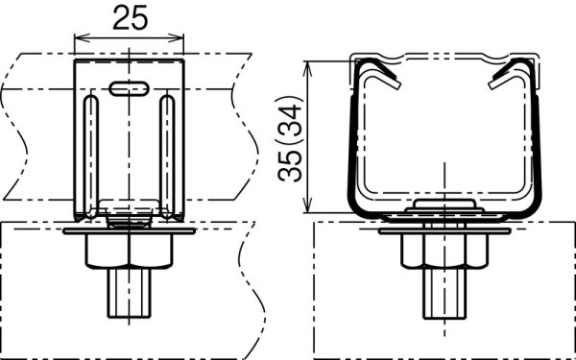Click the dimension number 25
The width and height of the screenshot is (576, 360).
click(x=129, y=16)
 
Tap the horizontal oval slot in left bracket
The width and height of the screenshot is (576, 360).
click(x=129, y=88)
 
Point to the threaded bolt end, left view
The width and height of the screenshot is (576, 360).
click(x=129, y=294)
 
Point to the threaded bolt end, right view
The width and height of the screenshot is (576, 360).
click(x=444, y=294)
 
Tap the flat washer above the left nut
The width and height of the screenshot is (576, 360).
click(x=129, y=231)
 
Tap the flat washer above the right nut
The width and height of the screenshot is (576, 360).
click(x=444, y=231)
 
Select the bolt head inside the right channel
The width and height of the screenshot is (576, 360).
click(x=444, y=206)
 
